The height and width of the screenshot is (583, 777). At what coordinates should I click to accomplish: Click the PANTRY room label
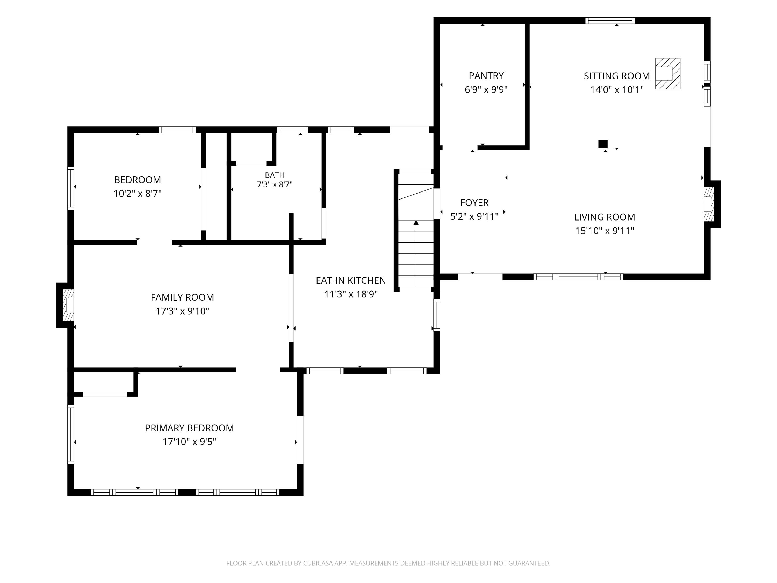pyautogui.click(x=486, y=76)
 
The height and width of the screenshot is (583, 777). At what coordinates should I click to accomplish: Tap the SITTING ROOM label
pyautogui.click(x=617, y=76)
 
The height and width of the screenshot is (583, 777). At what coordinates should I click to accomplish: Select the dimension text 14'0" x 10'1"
pyautogui.click(x=617, y=90)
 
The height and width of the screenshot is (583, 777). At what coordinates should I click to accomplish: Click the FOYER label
pyautogui.click(x=474, y=203)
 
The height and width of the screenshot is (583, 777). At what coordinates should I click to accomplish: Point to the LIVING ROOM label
pyautogui.click(x=605, y=217)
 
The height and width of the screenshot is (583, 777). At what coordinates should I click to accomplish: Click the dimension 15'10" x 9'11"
pyautogui.click(x=605, y=231)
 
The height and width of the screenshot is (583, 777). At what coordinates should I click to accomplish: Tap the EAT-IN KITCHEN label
pyautogui.click(x=351, y=280)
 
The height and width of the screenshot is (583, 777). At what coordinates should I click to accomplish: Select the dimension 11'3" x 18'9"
pyautogui.click(x=351, y=294)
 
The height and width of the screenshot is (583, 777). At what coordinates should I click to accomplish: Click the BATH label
pyautogui.click(x=275, y=175)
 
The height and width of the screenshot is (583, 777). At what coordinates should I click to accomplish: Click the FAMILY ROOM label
pyautogui.click(x=182, y=297)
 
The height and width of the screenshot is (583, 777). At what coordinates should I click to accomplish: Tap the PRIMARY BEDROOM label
pyautogui.click(x=189, y=428)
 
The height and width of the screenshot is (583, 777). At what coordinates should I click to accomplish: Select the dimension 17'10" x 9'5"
pyautogui.click(x=189, y=442)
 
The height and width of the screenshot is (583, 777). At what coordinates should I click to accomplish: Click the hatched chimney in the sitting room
pyautogui.click(x=668, y=73)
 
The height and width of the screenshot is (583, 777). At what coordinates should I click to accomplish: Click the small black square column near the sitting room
pyautogui.click(x=603, y=144)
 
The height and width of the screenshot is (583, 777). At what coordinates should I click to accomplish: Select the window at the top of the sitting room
pyautogui.click(x=610, y=20)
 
